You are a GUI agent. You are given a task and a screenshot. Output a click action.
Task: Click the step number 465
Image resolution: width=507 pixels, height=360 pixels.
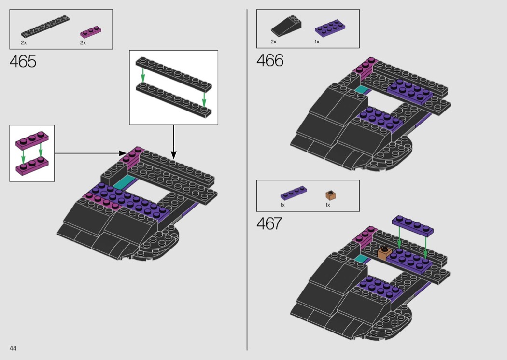(x=23, y=61)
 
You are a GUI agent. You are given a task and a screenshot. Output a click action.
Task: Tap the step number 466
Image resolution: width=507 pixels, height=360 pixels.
(x=270, y=60)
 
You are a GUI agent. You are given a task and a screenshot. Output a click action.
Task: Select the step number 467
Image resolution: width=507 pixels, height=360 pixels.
(x=269, y=223)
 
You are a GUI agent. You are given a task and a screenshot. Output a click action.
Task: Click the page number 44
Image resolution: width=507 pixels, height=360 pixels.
(x=13, y=348)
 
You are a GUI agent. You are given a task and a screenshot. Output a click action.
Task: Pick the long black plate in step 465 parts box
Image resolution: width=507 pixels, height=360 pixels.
(x=45, y=26)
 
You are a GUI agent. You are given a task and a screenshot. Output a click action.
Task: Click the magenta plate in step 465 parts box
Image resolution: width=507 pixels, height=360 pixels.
(x=91, y=32)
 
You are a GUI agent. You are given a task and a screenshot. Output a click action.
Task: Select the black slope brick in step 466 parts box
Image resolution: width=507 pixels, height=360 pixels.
(x=286, y=26)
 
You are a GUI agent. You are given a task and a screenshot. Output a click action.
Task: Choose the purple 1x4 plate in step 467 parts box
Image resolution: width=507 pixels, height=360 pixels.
(x=294, y=193)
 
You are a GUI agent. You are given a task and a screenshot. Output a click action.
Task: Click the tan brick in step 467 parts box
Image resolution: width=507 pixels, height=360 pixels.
(x=330, y=195)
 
